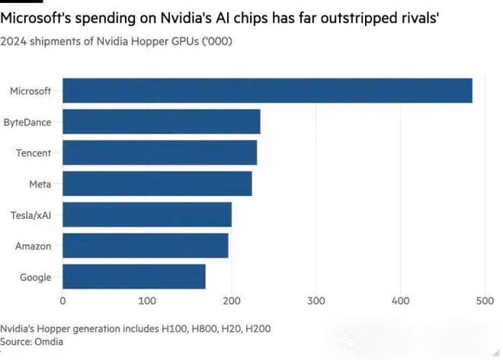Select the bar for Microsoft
267,91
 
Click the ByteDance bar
161,122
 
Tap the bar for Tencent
159,153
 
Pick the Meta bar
157,184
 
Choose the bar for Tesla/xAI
146,215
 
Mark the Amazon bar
145,246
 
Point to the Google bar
133,277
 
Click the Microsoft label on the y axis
30,92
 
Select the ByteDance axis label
27,122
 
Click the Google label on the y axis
35,277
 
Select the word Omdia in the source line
50,342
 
